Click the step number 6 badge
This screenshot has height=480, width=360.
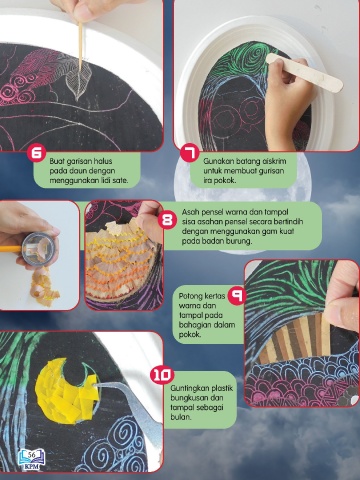37,154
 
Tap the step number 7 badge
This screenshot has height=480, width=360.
189,154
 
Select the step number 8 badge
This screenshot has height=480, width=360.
167,220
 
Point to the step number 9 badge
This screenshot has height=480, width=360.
237,296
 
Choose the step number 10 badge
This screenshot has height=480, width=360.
162,375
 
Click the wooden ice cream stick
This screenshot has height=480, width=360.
305,73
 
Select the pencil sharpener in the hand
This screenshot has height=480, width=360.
38,247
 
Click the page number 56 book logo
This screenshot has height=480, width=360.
32,459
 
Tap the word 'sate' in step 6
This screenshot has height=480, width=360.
120,181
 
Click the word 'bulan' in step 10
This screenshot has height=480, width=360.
181,417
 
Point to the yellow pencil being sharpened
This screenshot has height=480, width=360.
13,248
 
